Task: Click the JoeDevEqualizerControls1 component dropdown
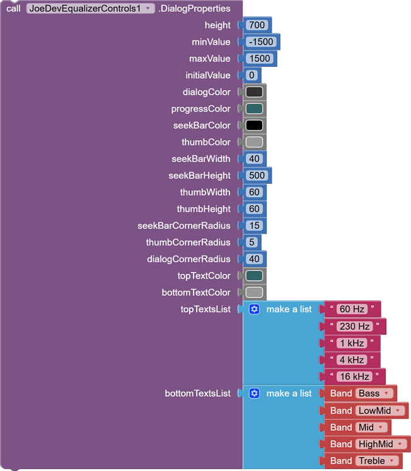click(x=91, y=8)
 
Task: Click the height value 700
click(x=257, y=25)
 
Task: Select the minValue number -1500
click(x=261, y=42)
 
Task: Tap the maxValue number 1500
click(x=260, y=59)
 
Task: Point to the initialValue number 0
click(x=252, y=75)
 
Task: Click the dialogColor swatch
click(x=254, y=92)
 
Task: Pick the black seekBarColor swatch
click(x=254, y=125)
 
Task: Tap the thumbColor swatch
click(x=254, y=142)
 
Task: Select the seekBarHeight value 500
click(x=257, y=176)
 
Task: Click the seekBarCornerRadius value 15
click(x=254, y=225)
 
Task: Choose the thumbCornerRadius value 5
click(x=252, y=242)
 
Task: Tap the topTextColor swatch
click(x=254, y=276)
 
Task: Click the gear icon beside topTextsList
click(x=255, y=309)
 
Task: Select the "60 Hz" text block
click(x=352, y=309)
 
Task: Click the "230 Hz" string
click(x=355, y=326)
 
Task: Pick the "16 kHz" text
click(x=354, y=377)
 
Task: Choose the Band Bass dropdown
click(x=374, y=394)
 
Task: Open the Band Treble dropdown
click(x=377, y=461)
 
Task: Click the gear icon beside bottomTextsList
click(x=255, y=393)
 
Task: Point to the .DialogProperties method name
click(x=195, y=8)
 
